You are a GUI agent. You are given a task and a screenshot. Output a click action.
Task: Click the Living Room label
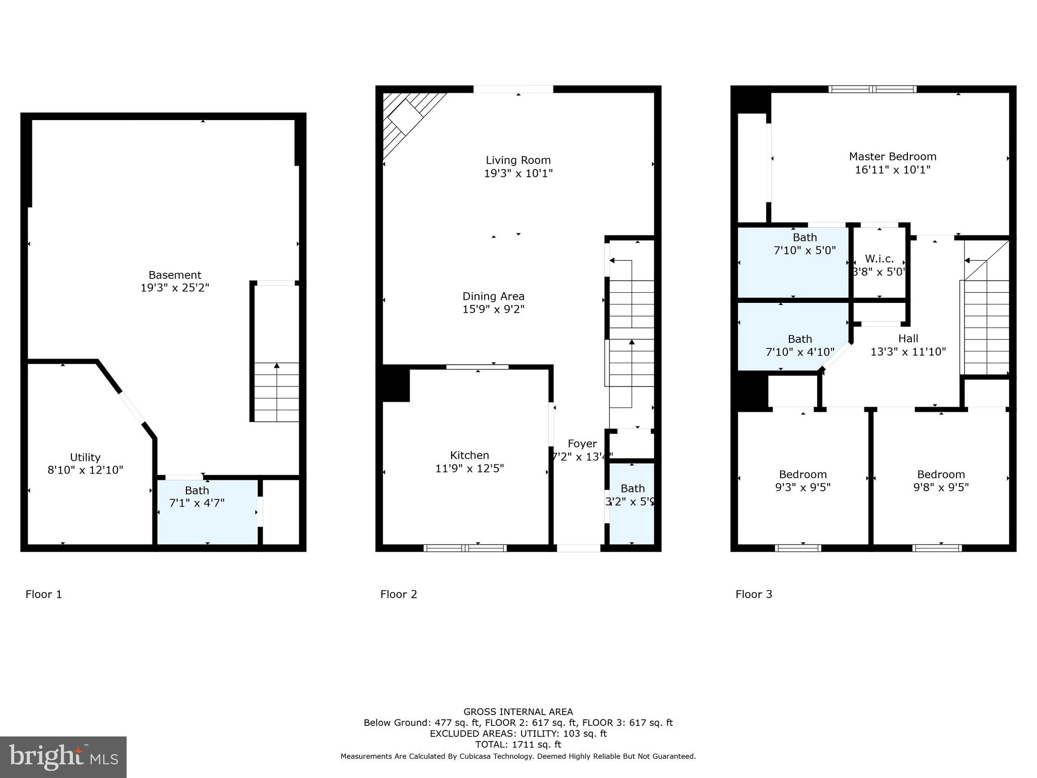coord(518,160)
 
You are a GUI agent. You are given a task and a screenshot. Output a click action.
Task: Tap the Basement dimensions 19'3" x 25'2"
coord(175,288)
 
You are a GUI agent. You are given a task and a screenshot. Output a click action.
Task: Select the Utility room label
coord(85,457)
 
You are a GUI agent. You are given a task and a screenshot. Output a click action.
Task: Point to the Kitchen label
coord(469,455)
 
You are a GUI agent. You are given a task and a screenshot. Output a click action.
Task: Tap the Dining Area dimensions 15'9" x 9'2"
coord(493,309)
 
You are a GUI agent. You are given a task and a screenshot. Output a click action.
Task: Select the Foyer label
coord(582,444)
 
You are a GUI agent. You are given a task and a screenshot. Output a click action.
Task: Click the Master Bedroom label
coord(892,157)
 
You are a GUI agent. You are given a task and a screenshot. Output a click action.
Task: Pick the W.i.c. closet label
coord(879,258)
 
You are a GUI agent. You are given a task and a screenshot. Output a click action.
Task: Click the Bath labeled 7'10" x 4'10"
coord(800,345)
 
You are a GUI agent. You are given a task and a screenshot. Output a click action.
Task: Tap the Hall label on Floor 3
coord(908,338)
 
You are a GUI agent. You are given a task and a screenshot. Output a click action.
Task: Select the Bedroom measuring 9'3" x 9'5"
coord(803,481)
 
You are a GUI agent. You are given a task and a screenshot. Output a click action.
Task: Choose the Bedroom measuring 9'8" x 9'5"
coord(941,481)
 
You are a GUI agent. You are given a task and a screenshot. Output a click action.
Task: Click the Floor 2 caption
coord(398,594)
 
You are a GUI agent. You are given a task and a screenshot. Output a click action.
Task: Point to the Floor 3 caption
coord(753,594)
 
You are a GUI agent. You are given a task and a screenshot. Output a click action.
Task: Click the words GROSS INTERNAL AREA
coord(518,712)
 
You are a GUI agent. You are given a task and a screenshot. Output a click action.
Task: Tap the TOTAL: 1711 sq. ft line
coord(518,745)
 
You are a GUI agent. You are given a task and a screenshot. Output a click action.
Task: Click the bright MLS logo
coord(63,757)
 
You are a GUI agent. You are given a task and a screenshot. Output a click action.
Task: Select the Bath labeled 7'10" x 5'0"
coord(805,244)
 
